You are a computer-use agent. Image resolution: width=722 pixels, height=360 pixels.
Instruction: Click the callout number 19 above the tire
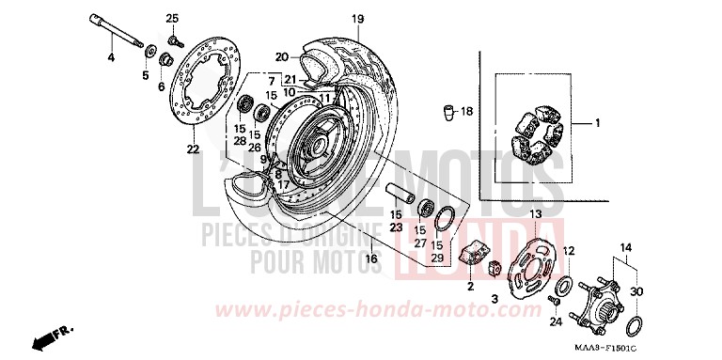click(357, 19)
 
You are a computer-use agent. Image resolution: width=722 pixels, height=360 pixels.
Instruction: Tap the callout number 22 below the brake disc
click(192, 149)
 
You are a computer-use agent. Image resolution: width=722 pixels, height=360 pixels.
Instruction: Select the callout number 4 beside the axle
click(110, 58)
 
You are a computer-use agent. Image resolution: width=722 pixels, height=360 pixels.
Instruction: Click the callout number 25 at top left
click(172, 19)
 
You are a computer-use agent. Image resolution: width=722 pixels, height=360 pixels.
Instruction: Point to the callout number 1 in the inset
click(595, 123)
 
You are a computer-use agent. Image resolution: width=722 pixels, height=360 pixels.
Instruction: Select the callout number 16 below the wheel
click(372, 258)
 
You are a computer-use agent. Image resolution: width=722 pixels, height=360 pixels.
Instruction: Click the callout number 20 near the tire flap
click(281, 56)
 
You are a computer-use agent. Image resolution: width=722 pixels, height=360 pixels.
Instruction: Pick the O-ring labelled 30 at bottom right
click(636, 327)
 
